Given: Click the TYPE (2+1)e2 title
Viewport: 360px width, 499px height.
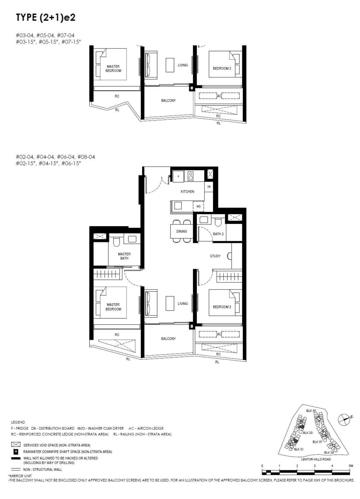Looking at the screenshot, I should pyautogui.click(x=46, y=18).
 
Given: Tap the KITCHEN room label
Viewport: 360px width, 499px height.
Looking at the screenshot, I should pyautogui.click(x=187, y=192).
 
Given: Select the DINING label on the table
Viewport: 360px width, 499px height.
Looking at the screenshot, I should pyautogui.click(x=181, y=231).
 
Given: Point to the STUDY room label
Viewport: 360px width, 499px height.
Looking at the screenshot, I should pyautogui.click(x=215, y=256).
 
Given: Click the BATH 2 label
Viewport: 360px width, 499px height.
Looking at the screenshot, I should pyautogui.click(x=218, y=234).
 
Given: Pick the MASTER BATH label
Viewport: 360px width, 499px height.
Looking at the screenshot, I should pyautogui.click(x=124, y=256).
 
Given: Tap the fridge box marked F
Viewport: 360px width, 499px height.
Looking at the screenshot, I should pyautogui.click(x=178, y=177).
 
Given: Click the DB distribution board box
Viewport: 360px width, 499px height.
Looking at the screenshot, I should pyautogui.click(x=209, y=187).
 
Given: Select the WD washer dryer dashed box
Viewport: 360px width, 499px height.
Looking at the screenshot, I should pyautogui.click(x=198, y=207).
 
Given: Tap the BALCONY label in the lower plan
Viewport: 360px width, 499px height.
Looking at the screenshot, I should pyautogui.click(x=168, y=339).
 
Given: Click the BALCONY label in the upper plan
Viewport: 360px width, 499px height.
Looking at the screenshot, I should pyautogui.click(x=168, y=101).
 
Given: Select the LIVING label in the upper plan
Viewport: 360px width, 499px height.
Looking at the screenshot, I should pyautogui.click(x=182, y=65).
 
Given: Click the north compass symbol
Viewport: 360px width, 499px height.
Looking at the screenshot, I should pyautogui.click(x=344, y=419).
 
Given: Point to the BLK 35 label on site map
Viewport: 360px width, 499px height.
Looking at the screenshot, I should pyautogui.click(x=311, y=411).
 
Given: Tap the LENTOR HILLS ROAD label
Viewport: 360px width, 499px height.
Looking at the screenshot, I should pyautogui.click(x=316, y=459).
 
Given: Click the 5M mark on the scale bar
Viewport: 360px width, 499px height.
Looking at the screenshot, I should pyautogui.click(x=351, y=466).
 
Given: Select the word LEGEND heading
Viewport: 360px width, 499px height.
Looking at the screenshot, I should pyautogui.click(x=18, y=422).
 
